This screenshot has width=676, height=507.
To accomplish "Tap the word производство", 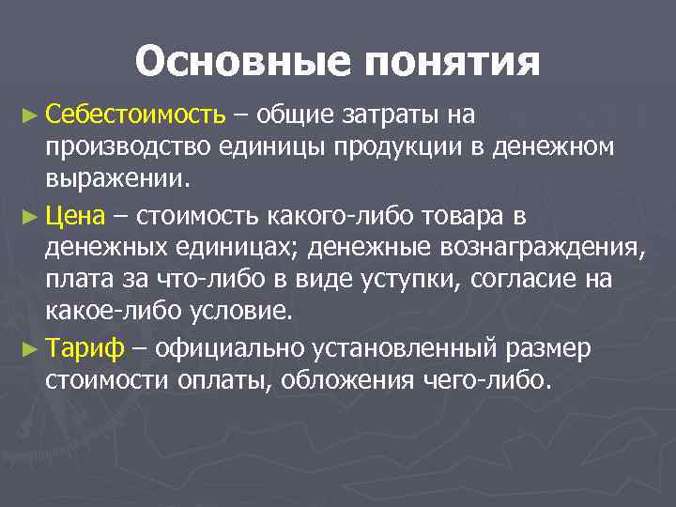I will tap(129, 147).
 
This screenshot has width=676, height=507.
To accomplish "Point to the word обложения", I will tap(361, 380).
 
